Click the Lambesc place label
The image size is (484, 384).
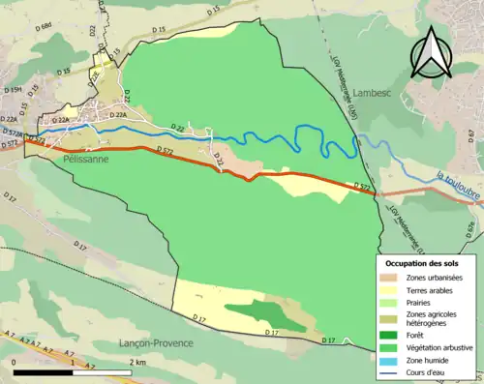375,93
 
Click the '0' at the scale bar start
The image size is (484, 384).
15,361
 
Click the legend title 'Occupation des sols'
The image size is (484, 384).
422,263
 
